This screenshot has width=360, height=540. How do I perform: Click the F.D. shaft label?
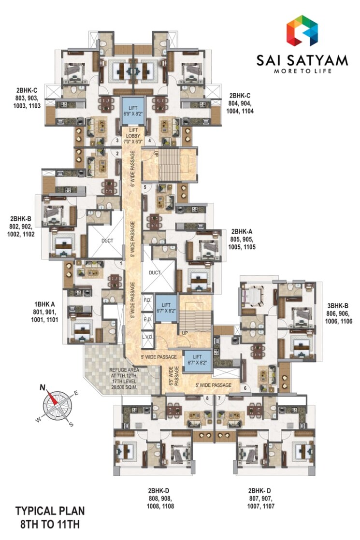coord(147,300)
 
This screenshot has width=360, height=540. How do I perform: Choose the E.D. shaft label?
coord(147,318)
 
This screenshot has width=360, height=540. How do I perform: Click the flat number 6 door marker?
coord(245,388)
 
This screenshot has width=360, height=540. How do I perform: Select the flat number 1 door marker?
coord(121,263)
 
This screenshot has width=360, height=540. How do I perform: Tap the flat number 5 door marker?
coord(144,186)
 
